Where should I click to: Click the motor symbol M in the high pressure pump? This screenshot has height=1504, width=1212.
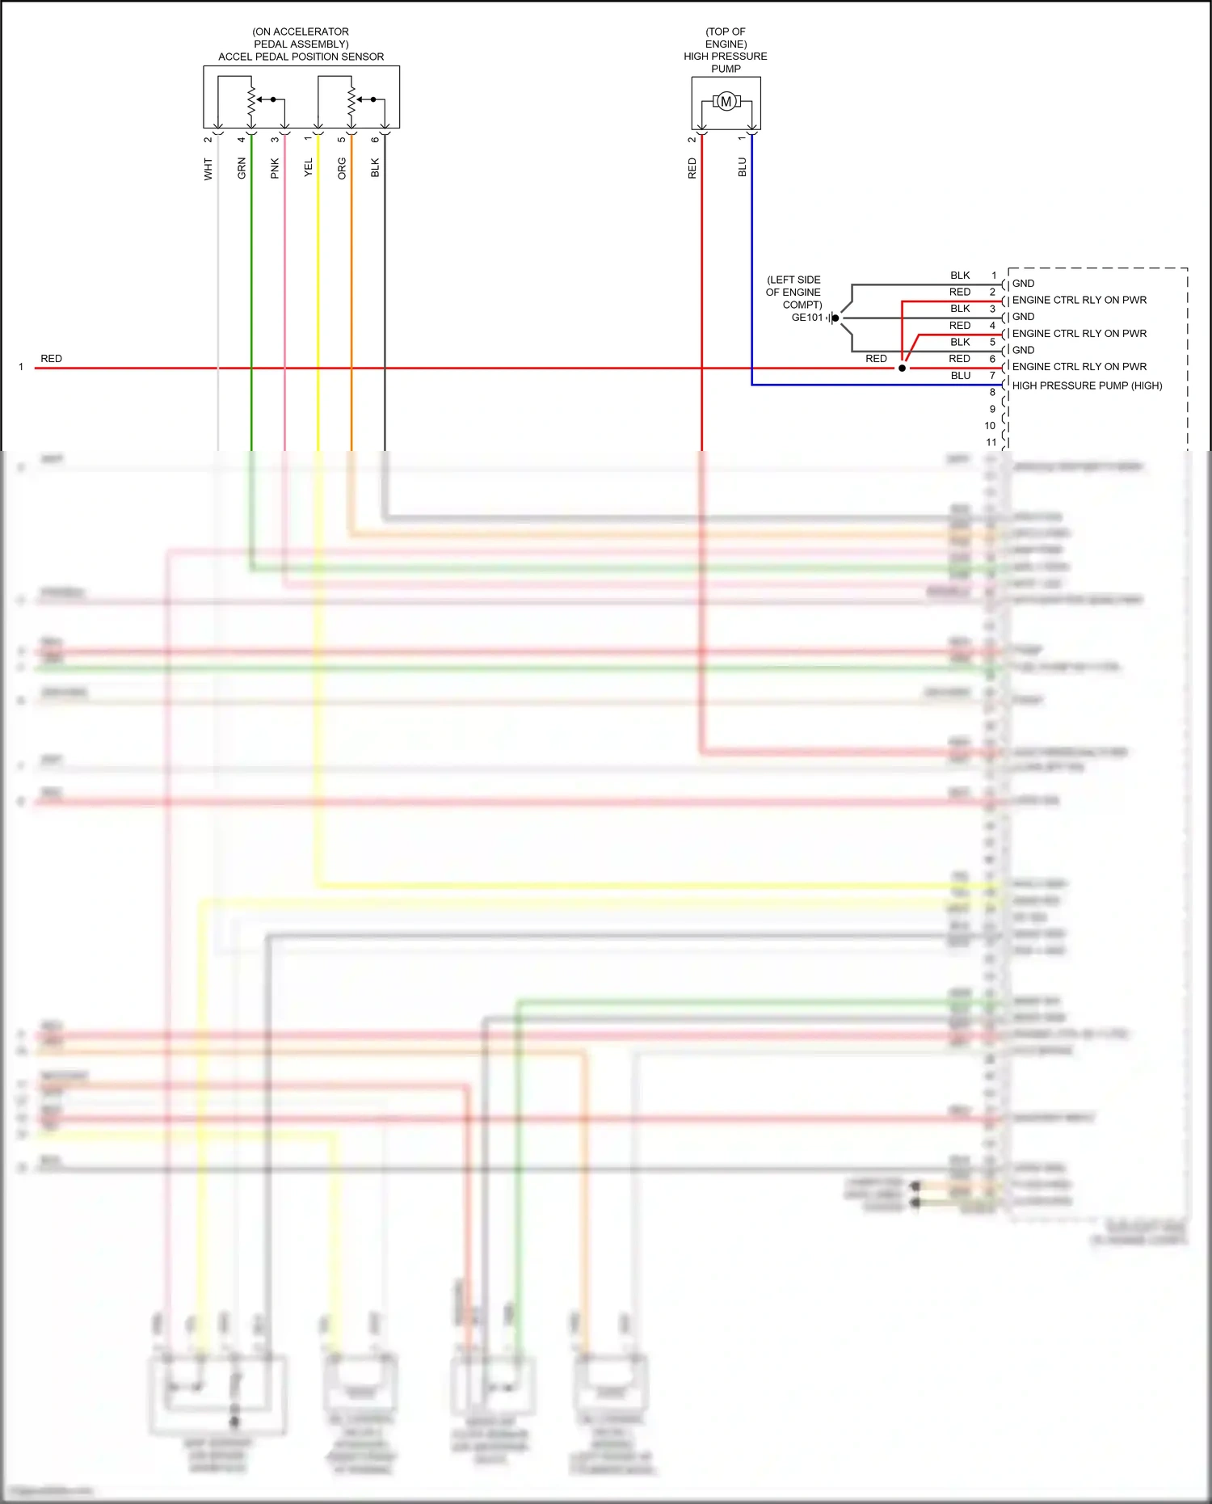tap(726, 102)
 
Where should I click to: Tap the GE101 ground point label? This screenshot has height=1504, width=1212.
tap(806, 318)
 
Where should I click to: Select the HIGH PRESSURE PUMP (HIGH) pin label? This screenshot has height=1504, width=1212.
tap(1087, 385)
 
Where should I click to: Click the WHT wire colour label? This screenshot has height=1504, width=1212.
tap(208, 169)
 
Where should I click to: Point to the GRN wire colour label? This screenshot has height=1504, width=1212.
tap(242, 168)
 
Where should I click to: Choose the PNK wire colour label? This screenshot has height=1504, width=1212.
tap(275, 168)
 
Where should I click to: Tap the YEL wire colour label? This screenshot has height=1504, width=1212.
tap(308, 167)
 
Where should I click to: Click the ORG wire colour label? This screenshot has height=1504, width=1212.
tap(342, 168)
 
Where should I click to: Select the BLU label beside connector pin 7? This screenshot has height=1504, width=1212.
tap(960, 376)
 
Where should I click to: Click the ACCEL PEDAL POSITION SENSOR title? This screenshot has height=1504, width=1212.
tap(301, 57)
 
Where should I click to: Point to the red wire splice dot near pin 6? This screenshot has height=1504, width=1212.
tap(902, 368)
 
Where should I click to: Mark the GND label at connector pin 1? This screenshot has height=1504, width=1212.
tap(1023, 284)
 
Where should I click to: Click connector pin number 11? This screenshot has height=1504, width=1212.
tap(991, 442)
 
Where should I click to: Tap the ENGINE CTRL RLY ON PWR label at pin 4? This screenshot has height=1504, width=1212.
tap(1079, 334)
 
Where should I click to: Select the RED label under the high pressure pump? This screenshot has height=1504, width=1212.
tap(692, 168)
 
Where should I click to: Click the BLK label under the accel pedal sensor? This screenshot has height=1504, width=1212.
tap(375, 167)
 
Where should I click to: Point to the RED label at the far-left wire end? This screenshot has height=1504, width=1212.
tap(51, 359)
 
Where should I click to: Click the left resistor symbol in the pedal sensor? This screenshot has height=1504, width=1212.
tap(251, 101)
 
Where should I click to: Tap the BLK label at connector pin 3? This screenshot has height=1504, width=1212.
tap(960, 309)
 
